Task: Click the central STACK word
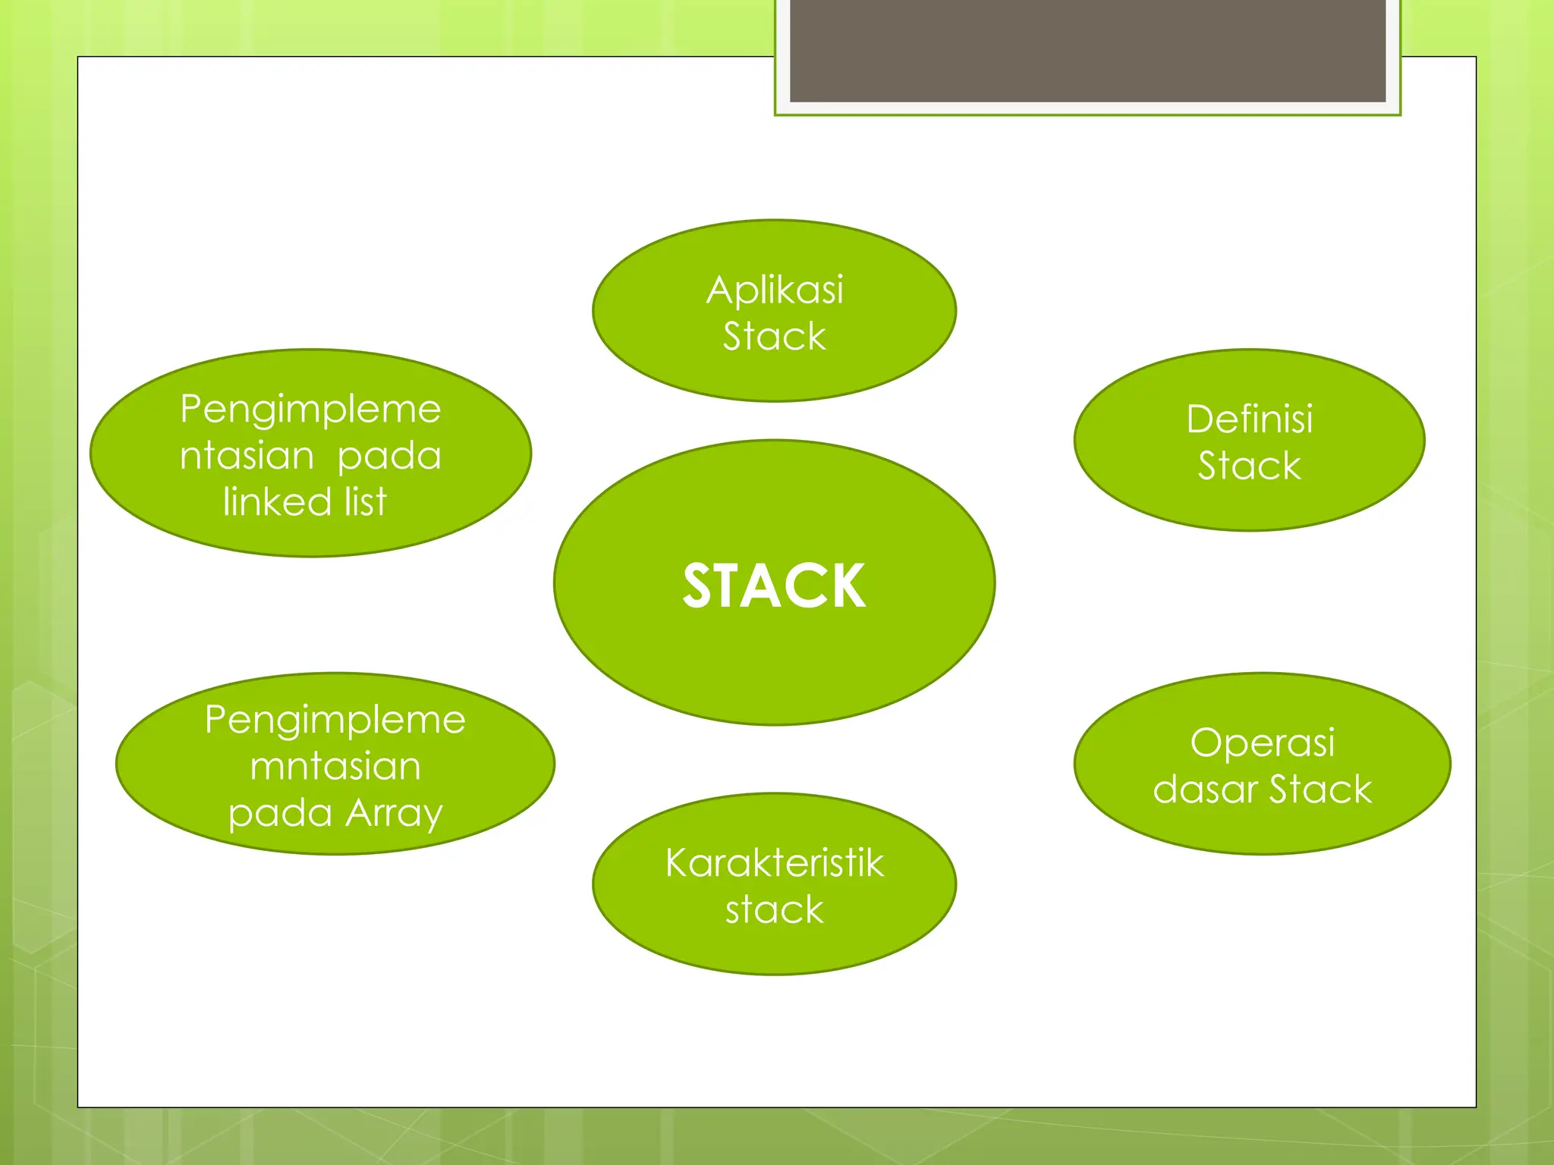(x=774, y=586)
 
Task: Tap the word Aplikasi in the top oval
(x=775, y=290)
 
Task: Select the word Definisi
(x=1249, y=419)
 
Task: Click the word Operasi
(x=1262, y=743)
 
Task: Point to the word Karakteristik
(x=775, y=863)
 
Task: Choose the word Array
(x=394, y=813)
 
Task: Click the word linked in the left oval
(x=277, y=502)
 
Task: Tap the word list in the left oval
(x=366, y=502)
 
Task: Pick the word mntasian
(x=335, y=766)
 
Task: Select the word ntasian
(x=247, y=456)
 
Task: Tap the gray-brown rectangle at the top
(x=1087, y=51)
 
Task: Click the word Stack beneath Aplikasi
(x=774, y=336)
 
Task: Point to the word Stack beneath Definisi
(x=1249, y=466)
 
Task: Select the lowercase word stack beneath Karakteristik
(x=774, y=909)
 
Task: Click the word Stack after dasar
(x=1320, y=790)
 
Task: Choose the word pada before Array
(x=280, y=813)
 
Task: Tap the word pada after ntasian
(x=388, y=456)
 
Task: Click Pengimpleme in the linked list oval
(x=310, y=410)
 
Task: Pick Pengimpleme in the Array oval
(x=335, y=720)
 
